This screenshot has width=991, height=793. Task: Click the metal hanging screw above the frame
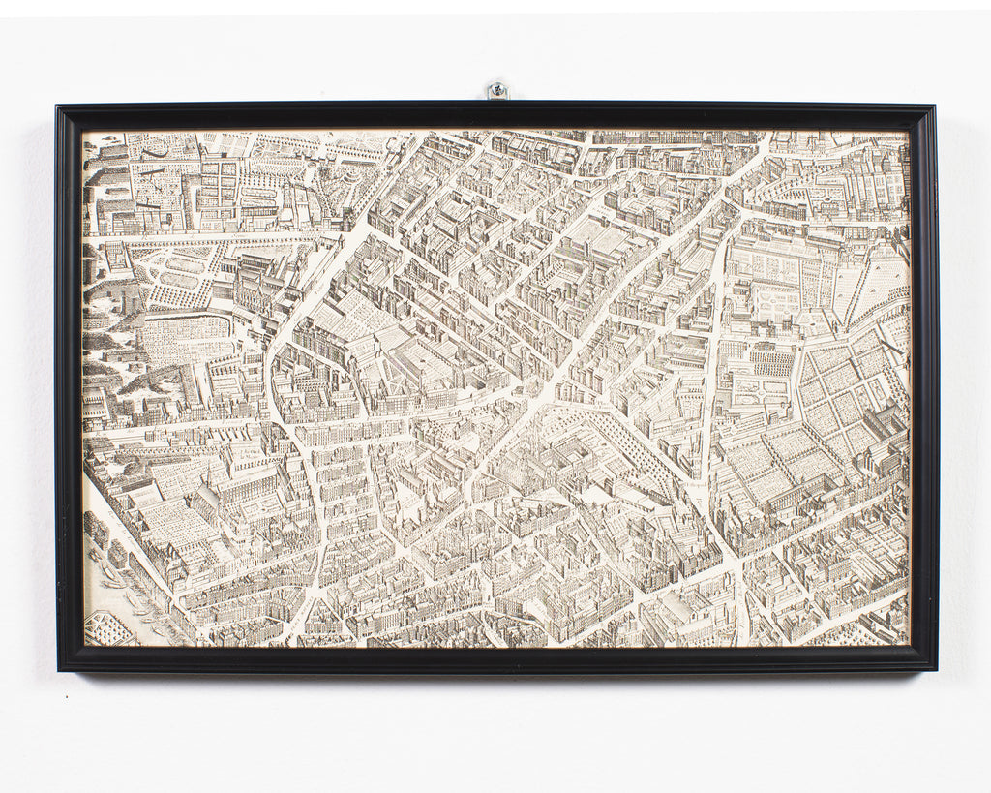click(496, 91)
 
